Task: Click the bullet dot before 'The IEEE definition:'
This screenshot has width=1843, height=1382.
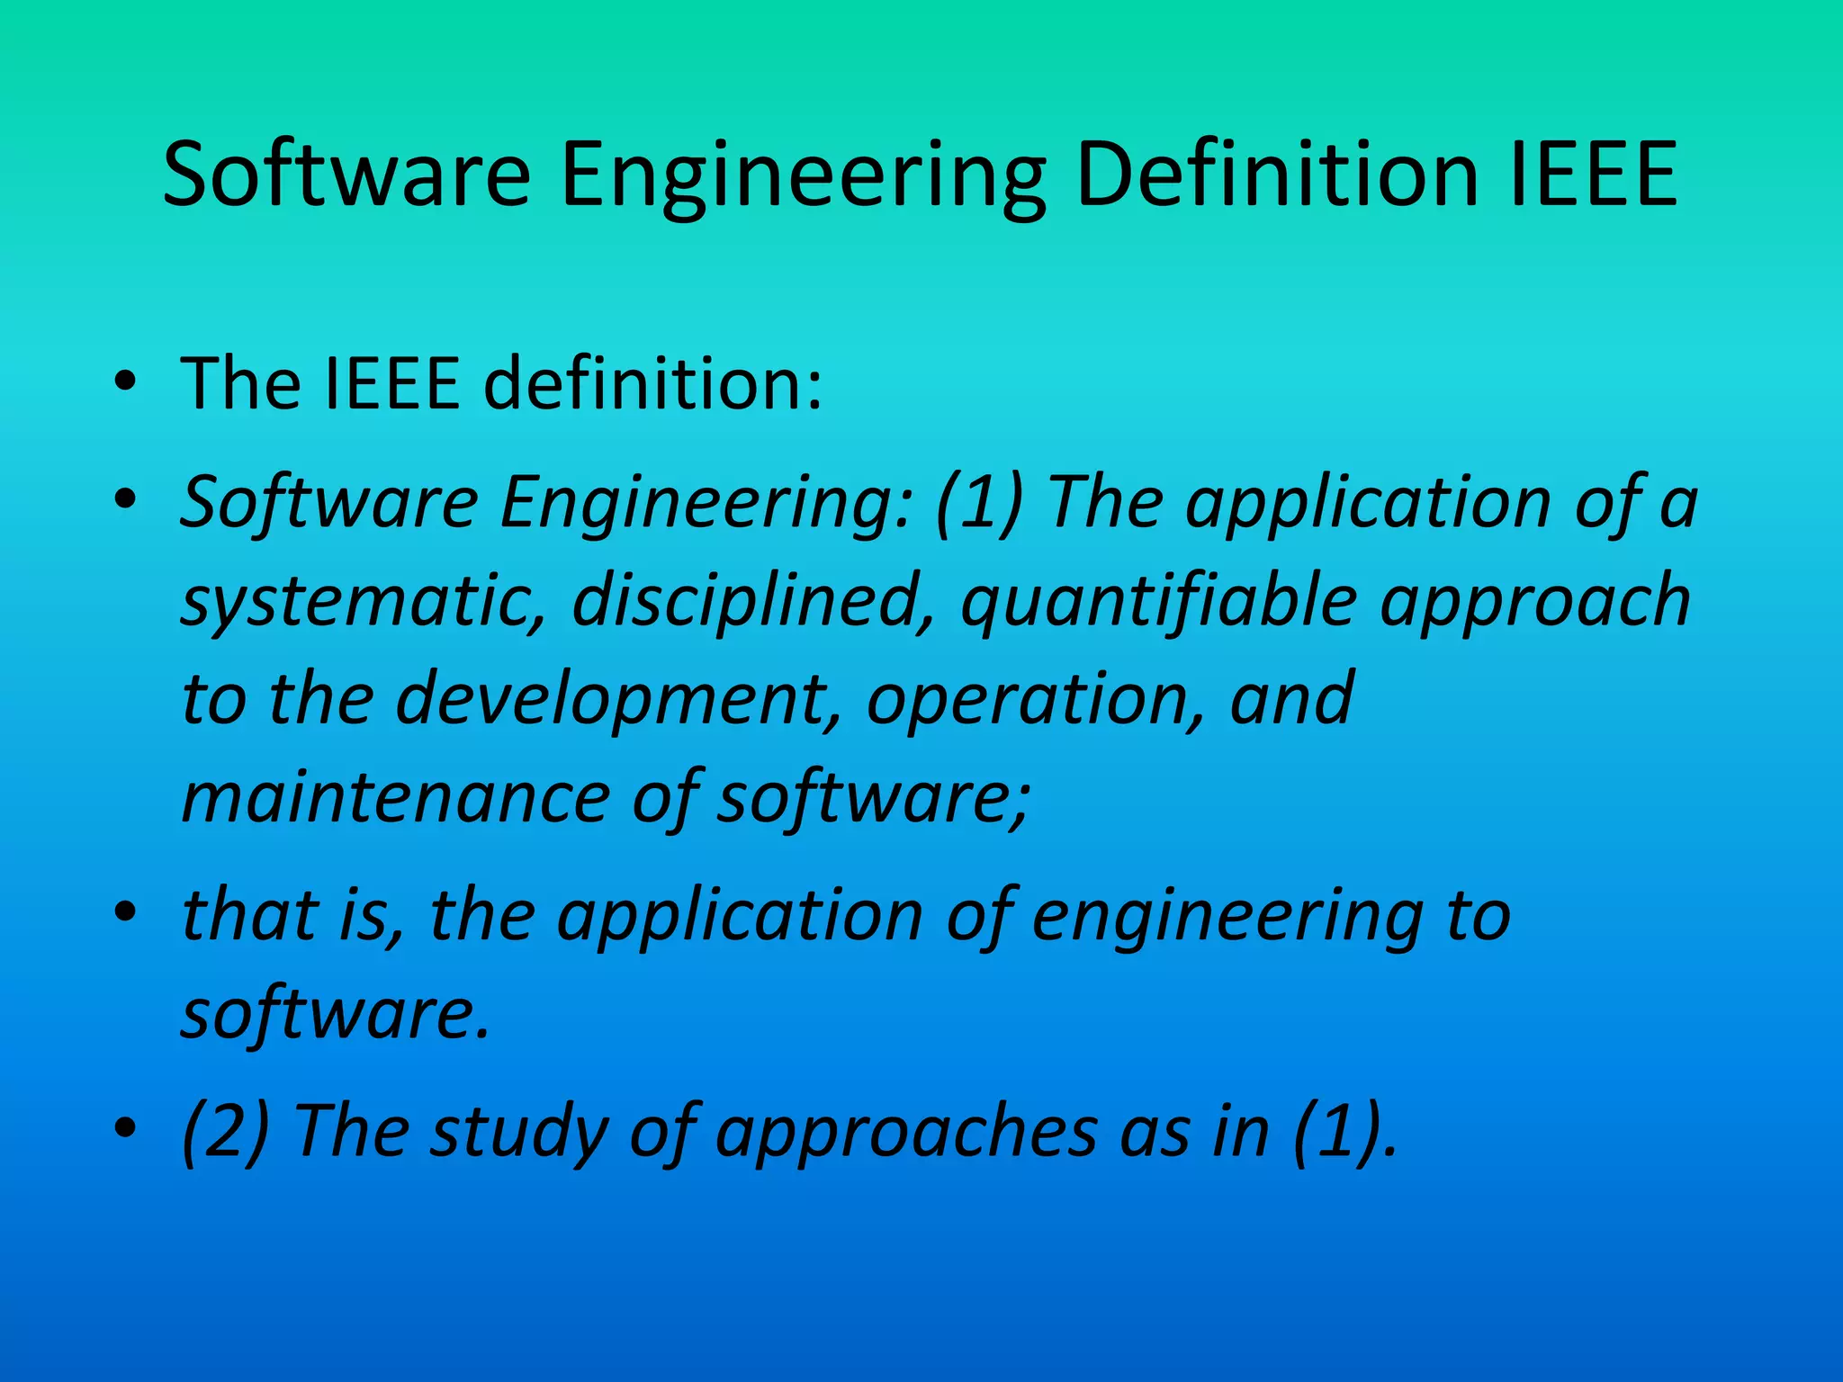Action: click(126, 383)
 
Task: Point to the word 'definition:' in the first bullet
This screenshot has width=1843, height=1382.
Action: click(652, 383)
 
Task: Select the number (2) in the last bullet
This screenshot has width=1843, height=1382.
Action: click(225, 1132)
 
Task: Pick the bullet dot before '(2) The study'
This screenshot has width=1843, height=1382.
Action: click(126, 1128)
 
